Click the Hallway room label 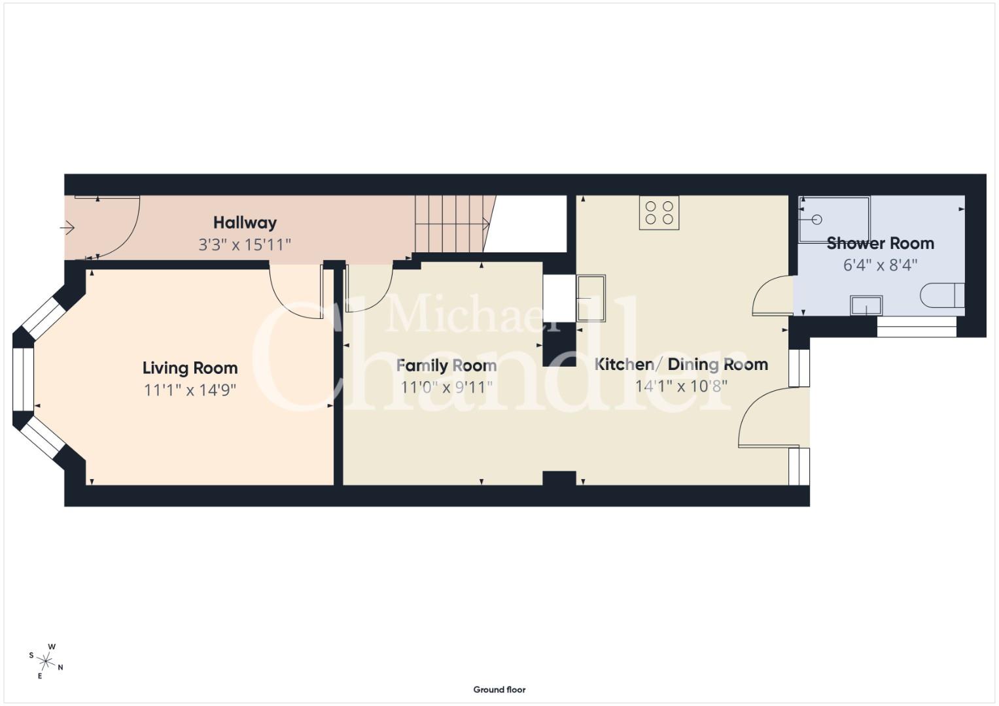click(x=245, y=223)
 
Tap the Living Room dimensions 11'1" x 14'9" click(x=190, y=390)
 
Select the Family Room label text click(x=446, y=366)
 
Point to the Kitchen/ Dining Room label click(x=681, y=365)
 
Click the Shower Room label click(x=880, y=243)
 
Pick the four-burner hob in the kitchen click(x=659, y=212)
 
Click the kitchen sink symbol click(x=591, y=298)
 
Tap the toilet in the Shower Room click(x=942, y=295)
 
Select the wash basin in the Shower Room click(x=866, y=306)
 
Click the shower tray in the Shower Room click(x=834, y=220)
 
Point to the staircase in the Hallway click(x=455, y=224)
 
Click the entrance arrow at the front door click(x=67, y=228)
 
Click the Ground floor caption click(x=500, y=690)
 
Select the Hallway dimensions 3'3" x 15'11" click(x=245, y=244)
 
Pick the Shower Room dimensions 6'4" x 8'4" click(x=880, y=265)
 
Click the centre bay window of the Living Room click(x=23, y=379)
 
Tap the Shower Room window click(x=917, y=327)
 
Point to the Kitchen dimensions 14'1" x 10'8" click(x=681, y=386)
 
